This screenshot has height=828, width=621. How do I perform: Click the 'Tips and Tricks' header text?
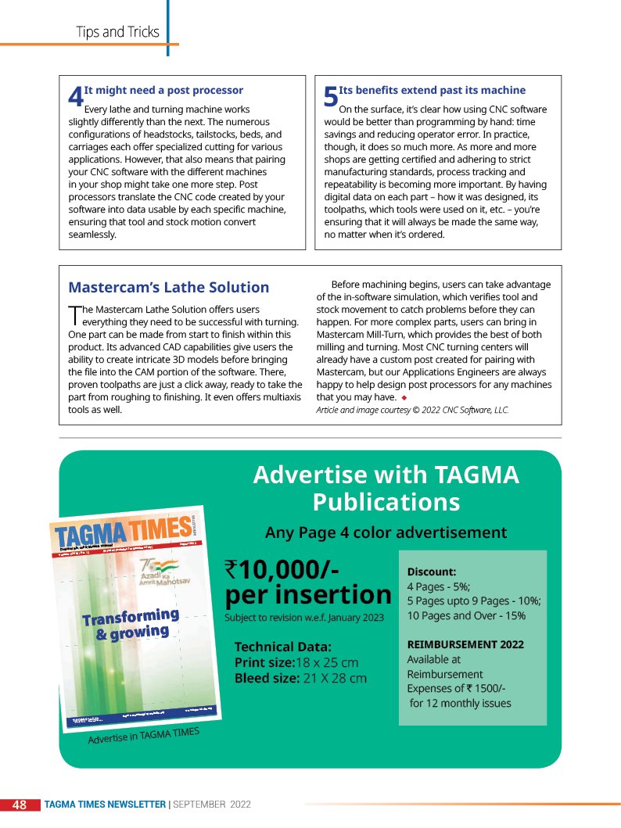coord(117,32)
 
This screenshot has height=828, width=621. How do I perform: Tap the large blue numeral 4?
coord(75,98)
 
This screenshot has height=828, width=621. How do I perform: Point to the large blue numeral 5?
coord(331,98)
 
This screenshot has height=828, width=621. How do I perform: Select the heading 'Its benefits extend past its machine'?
coord(432,91)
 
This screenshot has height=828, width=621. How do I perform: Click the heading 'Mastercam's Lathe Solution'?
coord(169,287)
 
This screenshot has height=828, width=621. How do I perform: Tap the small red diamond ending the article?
coord(404,397)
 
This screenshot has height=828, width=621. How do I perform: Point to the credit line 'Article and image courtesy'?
coord(412,410)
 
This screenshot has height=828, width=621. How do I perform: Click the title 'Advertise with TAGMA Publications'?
coord(386,487)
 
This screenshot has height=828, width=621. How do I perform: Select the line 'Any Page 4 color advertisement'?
coord(386,533)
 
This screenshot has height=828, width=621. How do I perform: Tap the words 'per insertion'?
coord(308,595)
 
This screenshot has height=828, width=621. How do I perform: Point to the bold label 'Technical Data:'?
coord(283,647)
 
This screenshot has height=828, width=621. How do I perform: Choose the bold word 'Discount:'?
coord(432,572)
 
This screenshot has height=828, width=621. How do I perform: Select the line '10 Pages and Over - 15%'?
coord(466,615)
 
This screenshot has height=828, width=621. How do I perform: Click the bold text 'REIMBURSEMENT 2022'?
coord(465,644)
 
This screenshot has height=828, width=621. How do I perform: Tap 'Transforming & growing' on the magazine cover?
coord(131,623)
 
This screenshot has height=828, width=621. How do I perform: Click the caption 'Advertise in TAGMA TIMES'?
coord(144,736)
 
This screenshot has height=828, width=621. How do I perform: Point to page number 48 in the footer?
coord(20,805)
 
